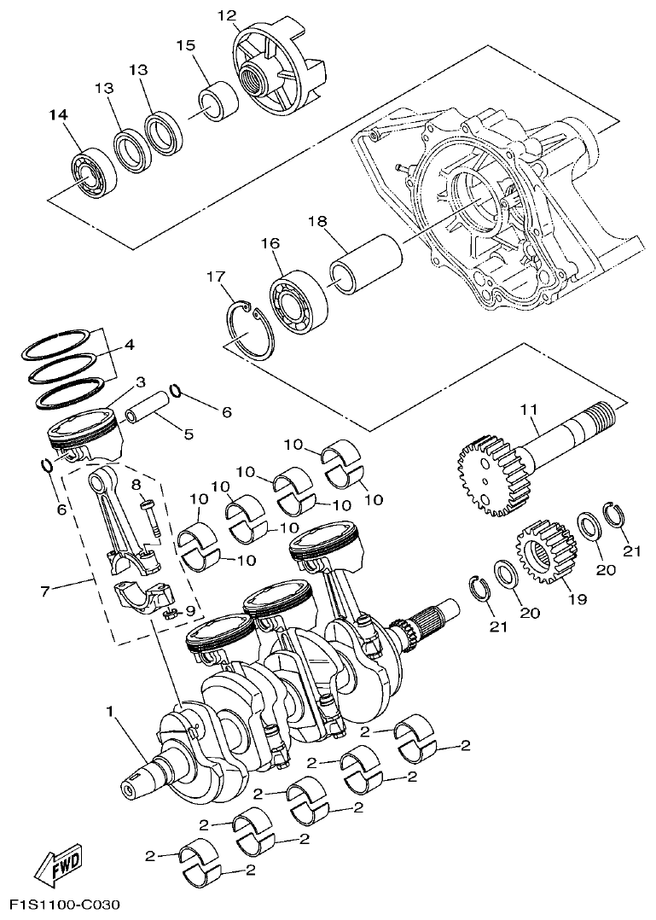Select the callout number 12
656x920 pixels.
point(225,15)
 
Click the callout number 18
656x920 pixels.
point(317,221)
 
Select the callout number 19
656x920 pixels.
point(578,599)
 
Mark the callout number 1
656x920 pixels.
point(110,710)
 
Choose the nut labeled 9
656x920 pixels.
point(167,613)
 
